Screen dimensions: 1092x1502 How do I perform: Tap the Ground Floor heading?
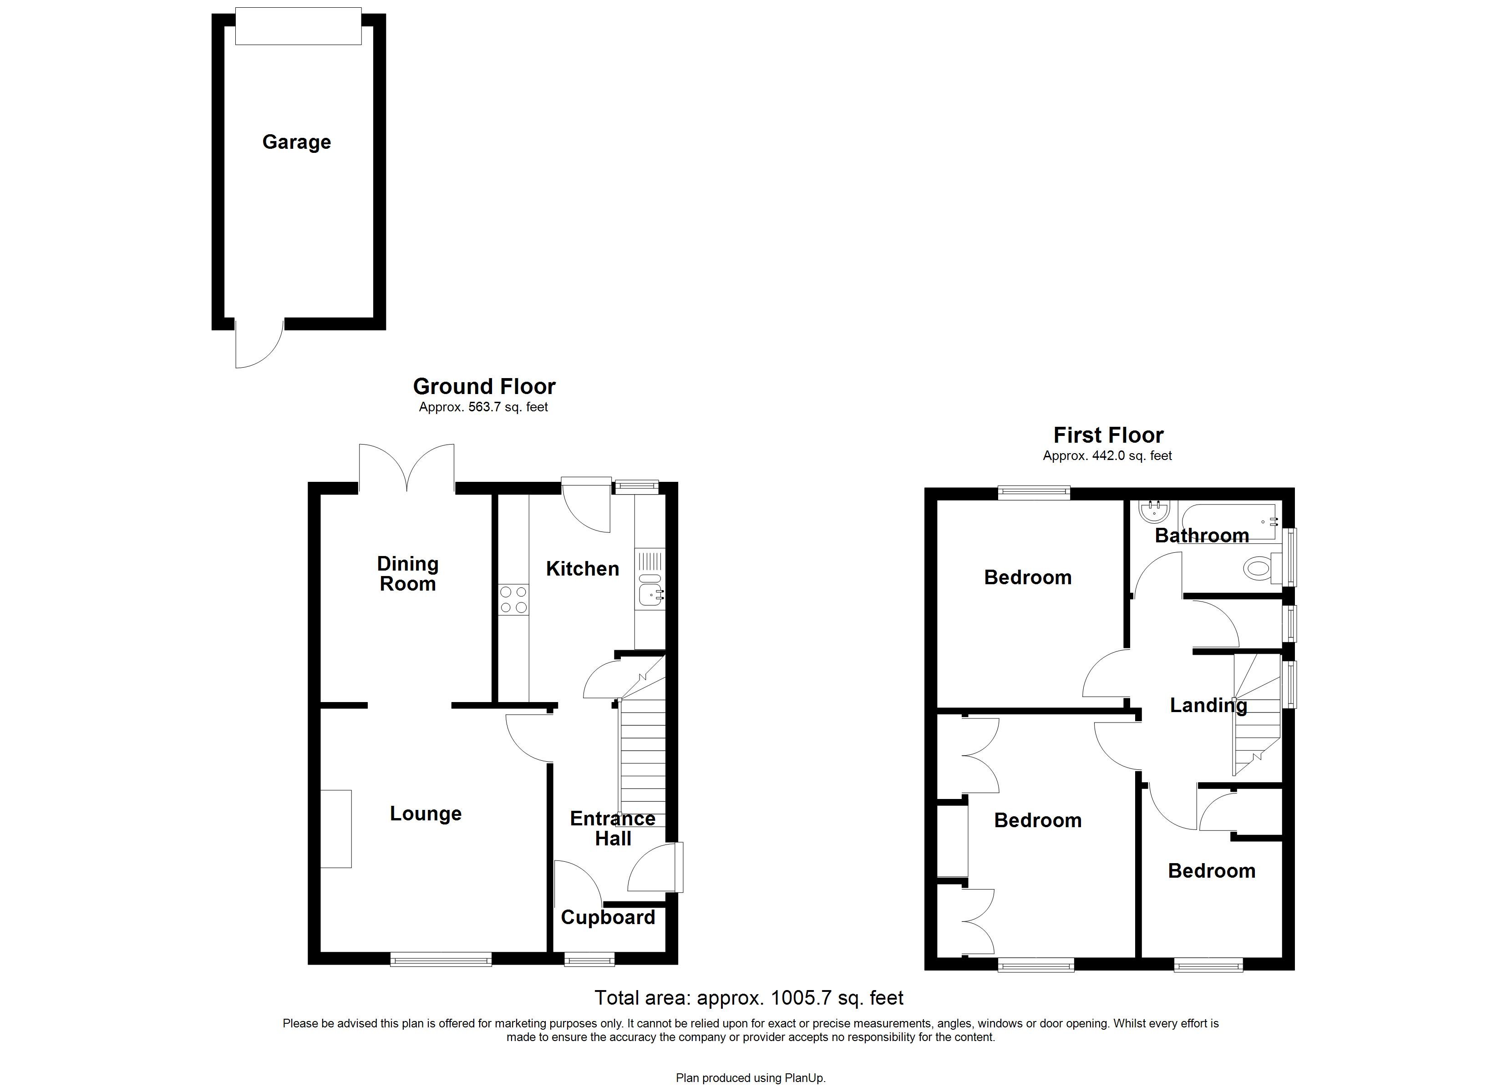(484, 386)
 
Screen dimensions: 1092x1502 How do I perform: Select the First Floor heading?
(1108, 435)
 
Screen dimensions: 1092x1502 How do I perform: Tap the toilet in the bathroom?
(1261, 567)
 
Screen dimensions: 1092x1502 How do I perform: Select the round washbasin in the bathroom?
(1156, 510)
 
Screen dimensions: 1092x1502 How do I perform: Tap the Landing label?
(1208, 705)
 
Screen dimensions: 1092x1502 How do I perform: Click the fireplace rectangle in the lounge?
(336, 829)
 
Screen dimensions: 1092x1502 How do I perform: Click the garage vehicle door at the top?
(298, 26)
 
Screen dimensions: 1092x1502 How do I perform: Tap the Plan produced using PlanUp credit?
(751, 1078)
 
